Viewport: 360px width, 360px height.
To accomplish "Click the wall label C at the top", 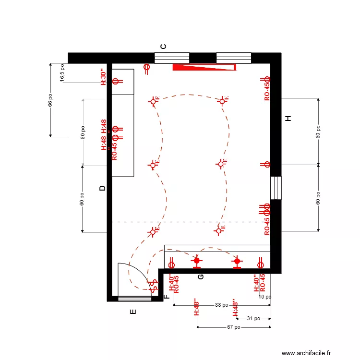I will [163, 47].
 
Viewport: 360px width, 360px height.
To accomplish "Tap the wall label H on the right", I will [288, 119].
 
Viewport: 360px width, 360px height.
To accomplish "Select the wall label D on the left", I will [102, 188].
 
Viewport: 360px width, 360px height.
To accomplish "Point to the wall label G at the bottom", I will [201, 276].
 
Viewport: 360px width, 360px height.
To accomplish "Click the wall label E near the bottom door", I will [133, 312].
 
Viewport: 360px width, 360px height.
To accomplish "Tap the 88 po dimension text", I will [221, 305].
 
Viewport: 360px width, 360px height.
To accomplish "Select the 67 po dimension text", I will [234, 327].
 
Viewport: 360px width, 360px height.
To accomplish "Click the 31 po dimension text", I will [253, 318].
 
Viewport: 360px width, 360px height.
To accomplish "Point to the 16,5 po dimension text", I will [62, 73].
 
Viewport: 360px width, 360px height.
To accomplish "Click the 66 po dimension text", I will [50, 100].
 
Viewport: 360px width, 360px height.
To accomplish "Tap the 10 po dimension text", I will [264, 297].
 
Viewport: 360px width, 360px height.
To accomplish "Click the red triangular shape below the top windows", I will [204, 67].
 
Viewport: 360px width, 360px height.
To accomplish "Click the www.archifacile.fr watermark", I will [306, 353].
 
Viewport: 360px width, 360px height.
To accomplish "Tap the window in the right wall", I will [276, 188].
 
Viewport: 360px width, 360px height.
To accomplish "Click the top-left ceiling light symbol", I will [154, 101].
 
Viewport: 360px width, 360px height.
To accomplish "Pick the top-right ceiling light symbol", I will [222, 101].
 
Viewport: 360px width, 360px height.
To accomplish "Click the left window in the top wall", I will [172, 58].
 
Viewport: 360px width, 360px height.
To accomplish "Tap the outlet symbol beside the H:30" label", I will [115, 81].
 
